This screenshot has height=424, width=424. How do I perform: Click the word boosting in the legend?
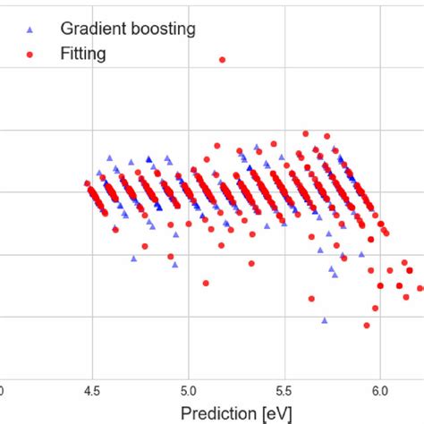point(160,28)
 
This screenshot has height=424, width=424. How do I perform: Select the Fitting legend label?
point(83,54)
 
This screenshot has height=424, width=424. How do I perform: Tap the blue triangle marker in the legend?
point(31,29)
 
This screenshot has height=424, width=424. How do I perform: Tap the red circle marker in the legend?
point(31,54)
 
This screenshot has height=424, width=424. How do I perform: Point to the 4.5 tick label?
point(91,391)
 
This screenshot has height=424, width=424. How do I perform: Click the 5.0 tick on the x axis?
point(188,391)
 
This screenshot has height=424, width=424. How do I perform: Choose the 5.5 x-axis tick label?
point(284,391)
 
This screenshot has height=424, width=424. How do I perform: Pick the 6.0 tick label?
point(379,391)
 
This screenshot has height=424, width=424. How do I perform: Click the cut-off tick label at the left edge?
point(2,391)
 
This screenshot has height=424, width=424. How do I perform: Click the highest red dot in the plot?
point(223,60)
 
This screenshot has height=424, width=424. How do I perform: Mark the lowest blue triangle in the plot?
point(325,319)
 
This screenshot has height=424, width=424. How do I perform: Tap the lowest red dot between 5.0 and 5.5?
point(206,283)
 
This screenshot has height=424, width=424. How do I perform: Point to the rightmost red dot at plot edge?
point(420,288)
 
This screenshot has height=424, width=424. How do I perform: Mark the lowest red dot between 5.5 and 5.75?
point(311,298)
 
